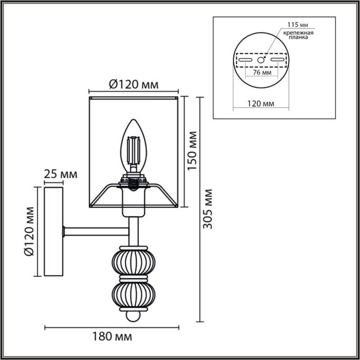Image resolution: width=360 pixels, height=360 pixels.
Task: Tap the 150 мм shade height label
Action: click(192, 151)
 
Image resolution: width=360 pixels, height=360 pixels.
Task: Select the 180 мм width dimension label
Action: click(112, 336)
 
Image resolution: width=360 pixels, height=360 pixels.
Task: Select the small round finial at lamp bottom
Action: click(133, 316)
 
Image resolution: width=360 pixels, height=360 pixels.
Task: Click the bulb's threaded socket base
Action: click(133, 182)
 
